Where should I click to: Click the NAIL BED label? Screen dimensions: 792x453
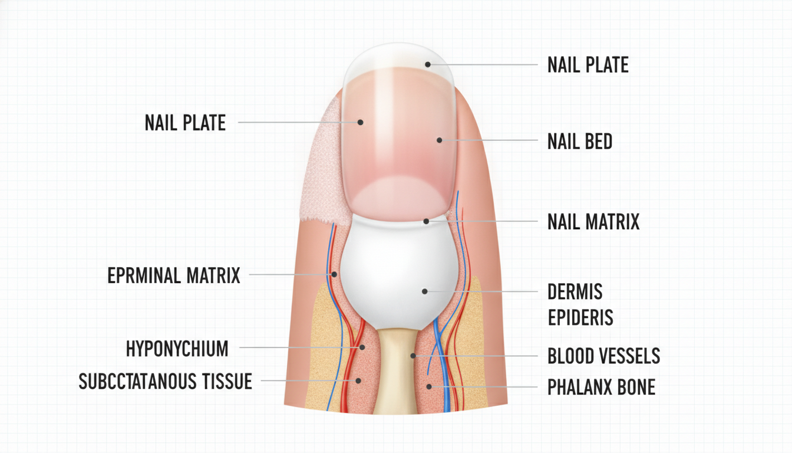580,141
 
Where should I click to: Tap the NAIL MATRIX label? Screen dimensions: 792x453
593,222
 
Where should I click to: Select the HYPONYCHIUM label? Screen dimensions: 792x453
177,349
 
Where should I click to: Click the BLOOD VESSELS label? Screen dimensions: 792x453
604,356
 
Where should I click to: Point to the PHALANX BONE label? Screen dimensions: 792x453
602,387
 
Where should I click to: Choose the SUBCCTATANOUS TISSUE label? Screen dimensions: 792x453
166,381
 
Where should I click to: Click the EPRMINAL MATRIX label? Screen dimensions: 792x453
174,275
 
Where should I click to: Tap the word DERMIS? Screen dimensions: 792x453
575,291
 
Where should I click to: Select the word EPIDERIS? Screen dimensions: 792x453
580,317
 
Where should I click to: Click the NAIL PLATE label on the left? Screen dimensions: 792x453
185,123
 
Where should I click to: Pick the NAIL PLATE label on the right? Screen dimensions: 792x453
588,65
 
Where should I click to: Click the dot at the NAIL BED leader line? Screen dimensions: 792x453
440,140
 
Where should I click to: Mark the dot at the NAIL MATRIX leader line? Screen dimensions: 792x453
427,221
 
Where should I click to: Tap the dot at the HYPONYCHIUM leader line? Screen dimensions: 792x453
362,347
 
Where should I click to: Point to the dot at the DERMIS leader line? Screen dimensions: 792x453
425,291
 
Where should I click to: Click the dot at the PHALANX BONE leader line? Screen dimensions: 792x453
429,386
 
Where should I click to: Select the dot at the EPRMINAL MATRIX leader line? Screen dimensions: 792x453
334,274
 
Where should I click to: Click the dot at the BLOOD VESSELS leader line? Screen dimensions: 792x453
413,355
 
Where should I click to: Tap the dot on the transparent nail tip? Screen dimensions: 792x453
428,64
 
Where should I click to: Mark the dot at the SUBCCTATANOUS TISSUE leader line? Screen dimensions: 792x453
358,380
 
